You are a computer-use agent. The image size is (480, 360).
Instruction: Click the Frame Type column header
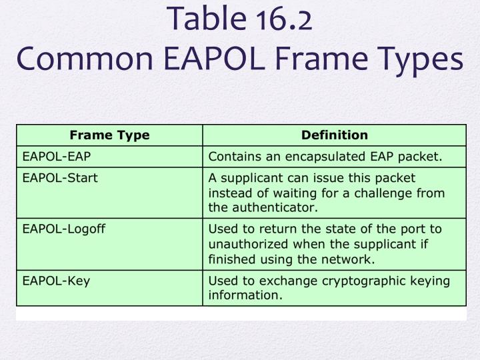click(109, 135)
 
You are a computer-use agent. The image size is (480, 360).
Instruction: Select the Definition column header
click(334, 135)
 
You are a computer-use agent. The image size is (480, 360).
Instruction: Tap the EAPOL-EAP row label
click(57, 157)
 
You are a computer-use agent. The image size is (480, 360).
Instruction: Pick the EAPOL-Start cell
click(60, 178)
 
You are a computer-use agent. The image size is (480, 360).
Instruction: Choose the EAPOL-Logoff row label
click(64, 229)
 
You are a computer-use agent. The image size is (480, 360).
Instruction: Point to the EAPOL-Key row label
click(56, 281)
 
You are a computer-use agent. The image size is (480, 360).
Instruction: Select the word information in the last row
click(244, 295)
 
